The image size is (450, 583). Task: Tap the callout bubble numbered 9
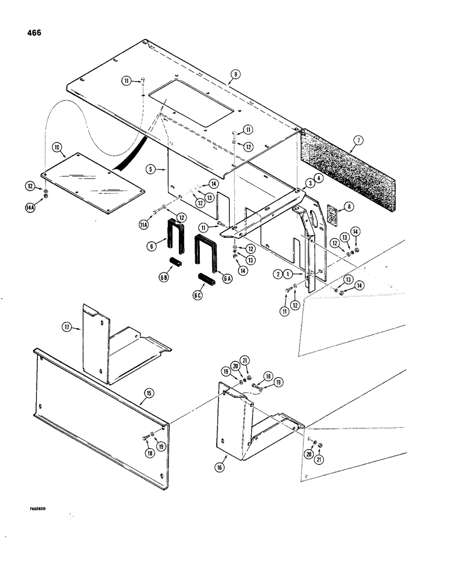pos(235,74)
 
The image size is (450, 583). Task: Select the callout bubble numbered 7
pos(358,141)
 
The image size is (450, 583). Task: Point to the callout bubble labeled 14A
pos(46,206)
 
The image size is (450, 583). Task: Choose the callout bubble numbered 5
pos(150,170)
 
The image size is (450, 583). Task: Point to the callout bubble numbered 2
pos(279,273)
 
